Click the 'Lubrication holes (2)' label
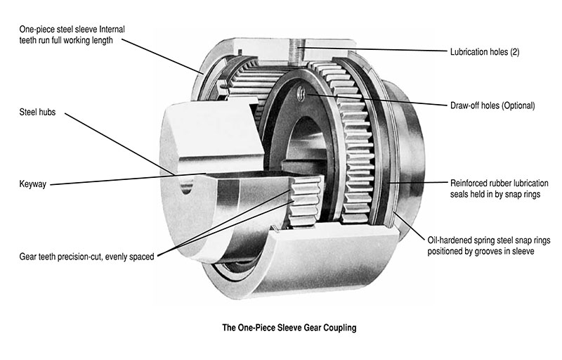[x=489, y=51]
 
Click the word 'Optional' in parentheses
[x=519, y=106]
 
